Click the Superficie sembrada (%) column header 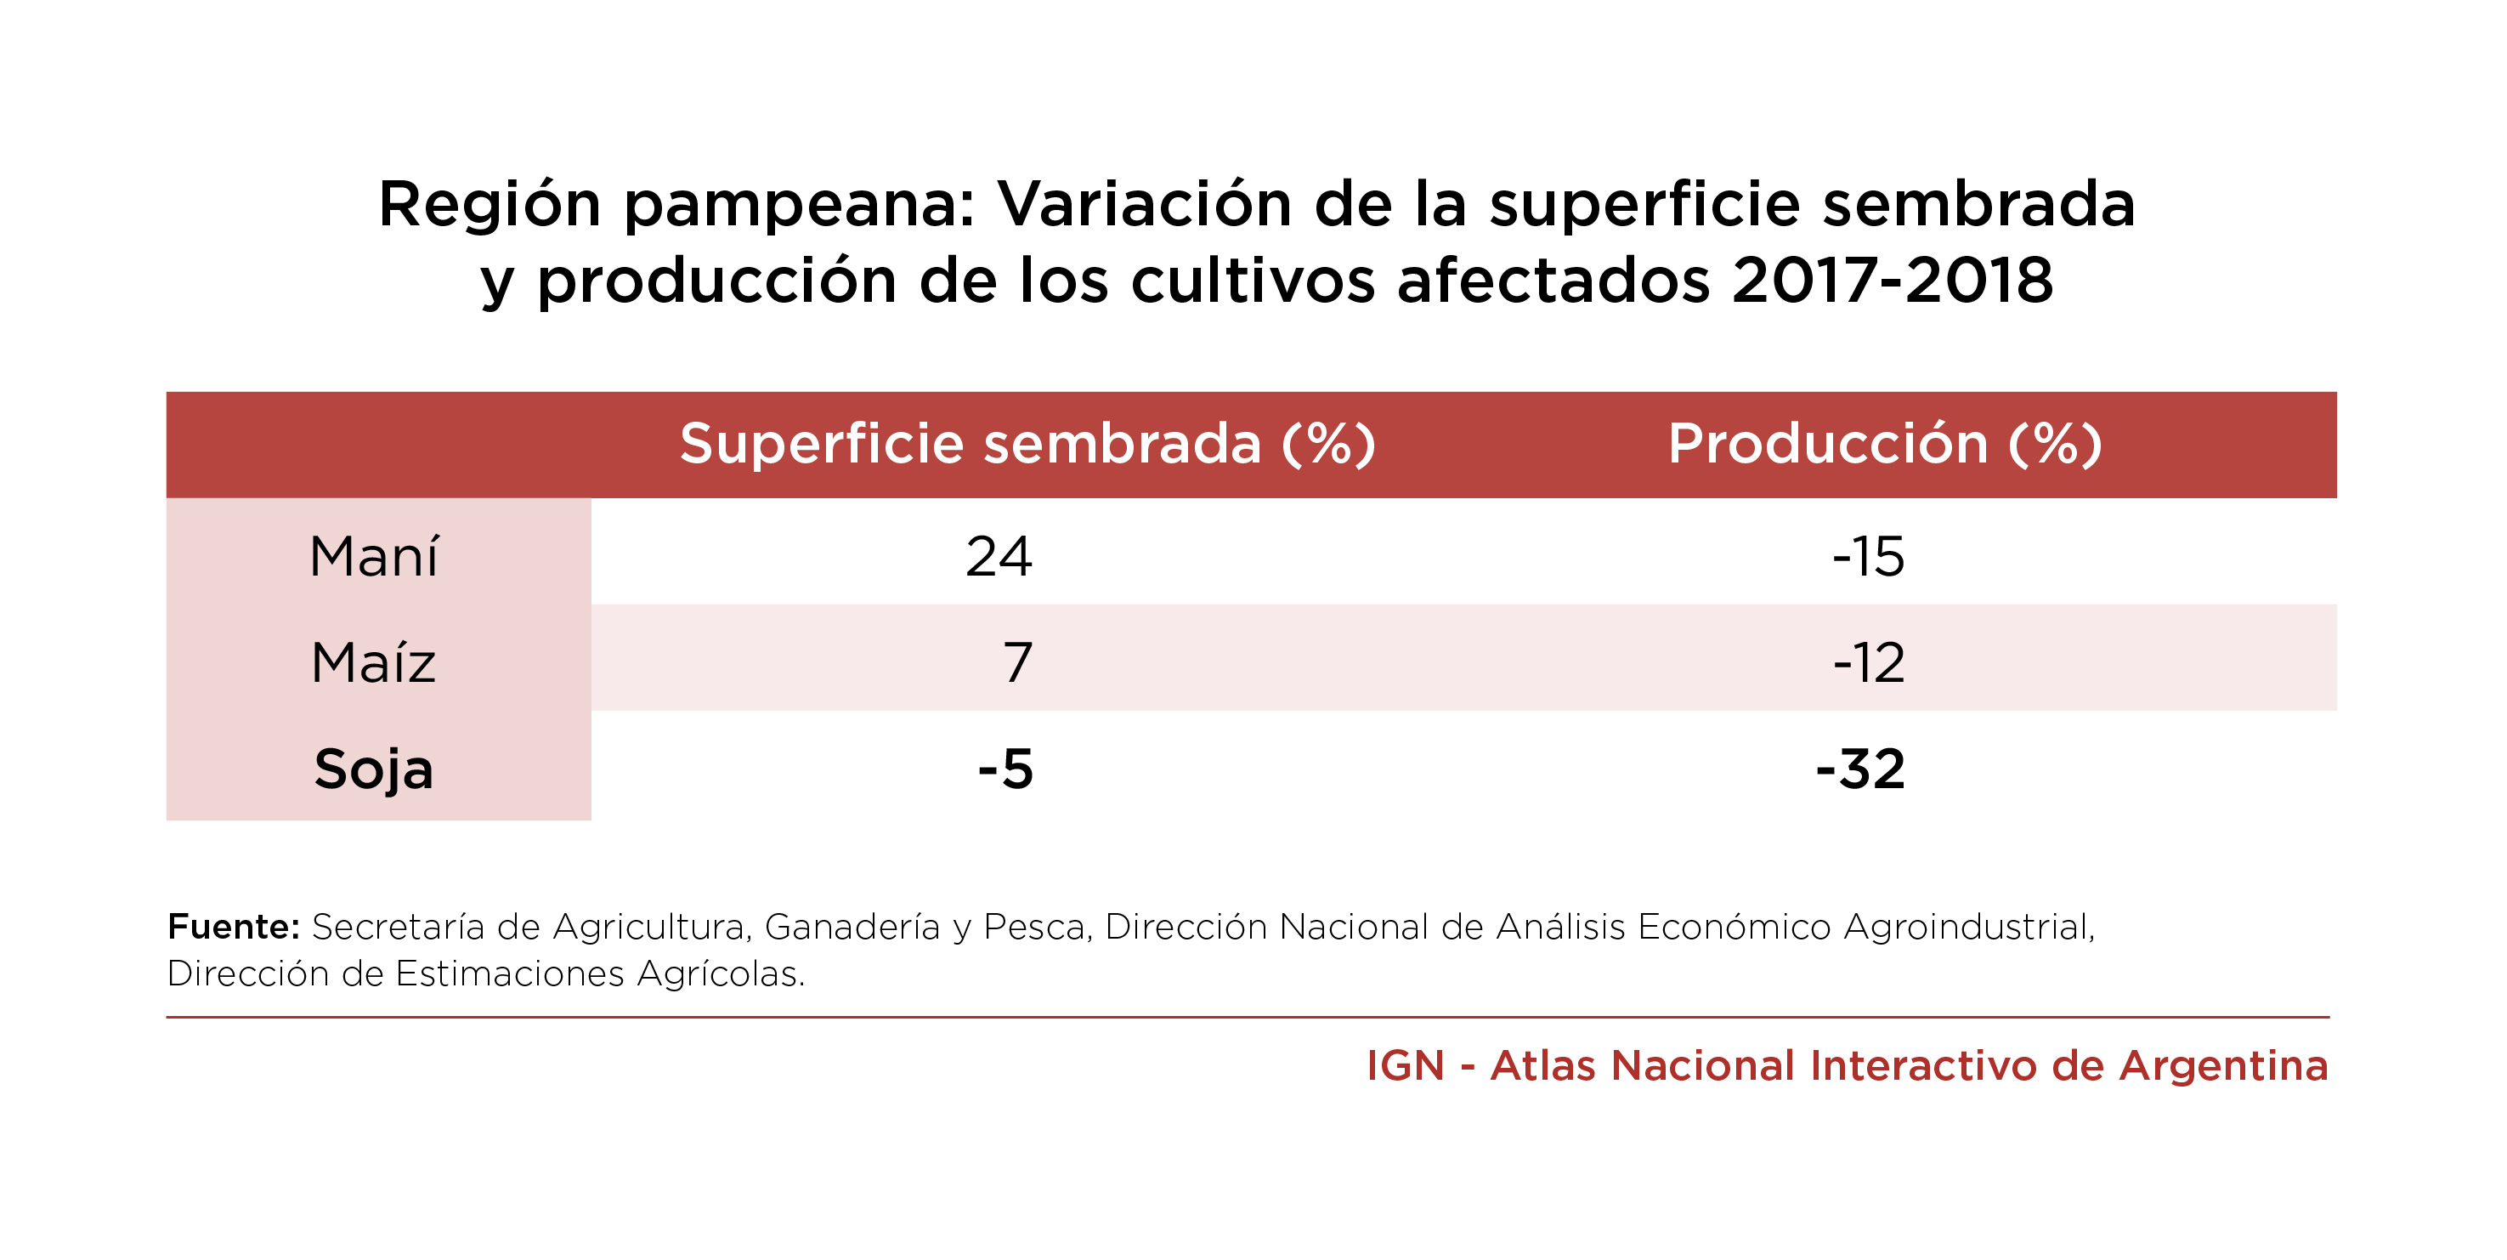[x=1027, y=444]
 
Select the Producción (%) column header [x=1885, y=444]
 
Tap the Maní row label [x=375, y=557]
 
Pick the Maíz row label [x=374, y=663]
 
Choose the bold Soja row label [x=374, y=769]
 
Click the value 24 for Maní [x=999, y=557]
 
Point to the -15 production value [x=1868, y=557]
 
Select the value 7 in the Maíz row [x=1017, y=663]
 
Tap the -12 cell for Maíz [x=1868, y=663]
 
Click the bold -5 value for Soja [x=1005, y=769]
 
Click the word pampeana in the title [x=798, y=207]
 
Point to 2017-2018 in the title [x=1892, y=281]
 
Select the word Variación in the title [x=1145, y=205]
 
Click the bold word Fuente [x=233, y=927]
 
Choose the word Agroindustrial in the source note [x=1969, y=927]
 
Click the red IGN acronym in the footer [x=1405, y=1066]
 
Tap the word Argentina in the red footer [x=2224, y=1066]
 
